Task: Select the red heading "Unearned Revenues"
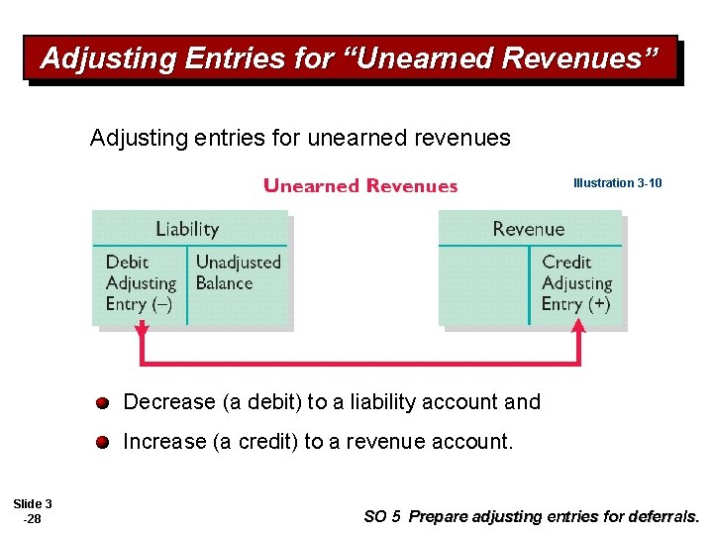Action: [360, 186]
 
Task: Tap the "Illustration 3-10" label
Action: [617, 183]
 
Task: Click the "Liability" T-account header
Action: [187, 230]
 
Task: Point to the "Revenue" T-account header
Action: [528, 230]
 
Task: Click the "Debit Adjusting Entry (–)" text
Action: [140, 283]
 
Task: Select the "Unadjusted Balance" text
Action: [238, 272]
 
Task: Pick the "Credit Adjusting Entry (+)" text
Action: [575, 283]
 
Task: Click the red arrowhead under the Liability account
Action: [142, 338]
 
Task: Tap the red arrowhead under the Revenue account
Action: [578, 338]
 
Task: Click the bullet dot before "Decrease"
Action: [103, 402]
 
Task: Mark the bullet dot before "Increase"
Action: [103, 442]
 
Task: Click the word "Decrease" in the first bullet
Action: [168, 402]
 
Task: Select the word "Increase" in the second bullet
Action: [164, 442]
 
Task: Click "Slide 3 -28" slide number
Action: [33, 511]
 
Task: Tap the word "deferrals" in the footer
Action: [665, 516]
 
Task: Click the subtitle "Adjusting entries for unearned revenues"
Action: [300, 138]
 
